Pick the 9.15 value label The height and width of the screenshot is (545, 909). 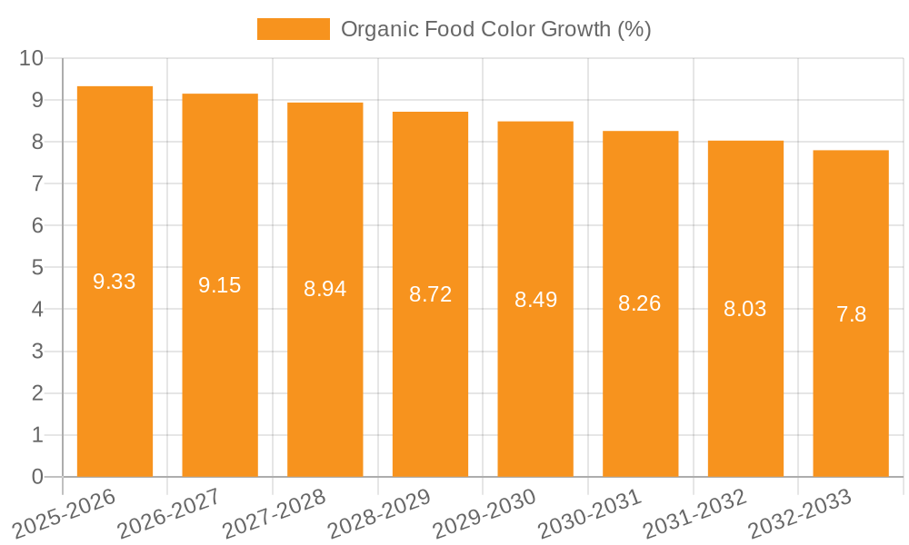tap(220, 285)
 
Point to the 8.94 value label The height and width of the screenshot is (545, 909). tap(325, 289)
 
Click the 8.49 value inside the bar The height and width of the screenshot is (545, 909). tap(535, 300)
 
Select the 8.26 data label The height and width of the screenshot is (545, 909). tap(640, 303)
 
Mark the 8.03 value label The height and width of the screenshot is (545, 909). tap(744, 309)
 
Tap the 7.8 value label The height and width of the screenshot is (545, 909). tap(851, 314)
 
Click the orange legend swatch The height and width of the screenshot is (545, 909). tap(293, 29)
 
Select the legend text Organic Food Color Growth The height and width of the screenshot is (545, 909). tap(495, 29)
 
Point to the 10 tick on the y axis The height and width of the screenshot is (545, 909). tap(31, 58)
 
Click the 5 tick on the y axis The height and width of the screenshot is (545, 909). tap(37, 267)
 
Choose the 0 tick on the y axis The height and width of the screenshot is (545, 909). tap(37, 477)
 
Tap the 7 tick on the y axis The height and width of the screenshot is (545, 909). tap(37, 183)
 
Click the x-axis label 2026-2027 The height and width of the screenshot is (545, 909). tap(169, 513)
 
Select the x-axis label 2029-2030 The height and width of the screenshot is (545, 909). tap(484, 513)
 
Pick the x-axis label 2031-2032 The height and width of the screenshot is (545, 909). tap(694, 513)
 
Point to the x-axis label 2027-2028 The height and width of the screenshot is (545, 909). tap(275, 513)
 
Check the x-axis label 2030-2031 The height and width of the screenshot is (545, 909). tap(590, 513)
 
